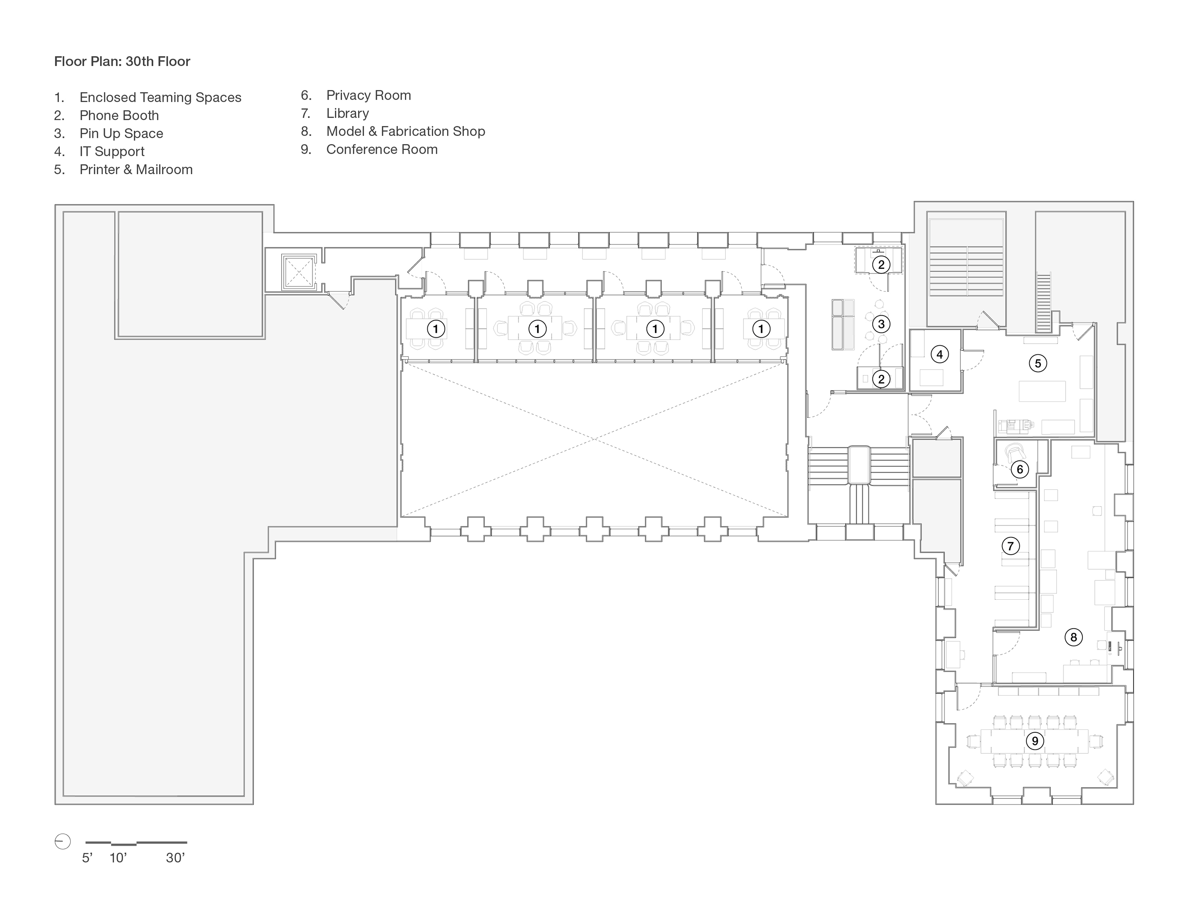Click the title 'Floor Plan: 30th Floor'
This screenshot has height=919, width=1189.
(x=122, y=62)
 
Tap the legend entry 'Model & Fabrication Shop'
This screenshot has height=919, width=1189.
(x=405, y=131)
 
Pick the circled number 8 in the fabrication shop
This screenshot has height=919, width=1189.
(x=1073, y=637)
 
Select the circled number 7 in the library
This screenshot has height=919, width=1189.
(x=1010, y=546)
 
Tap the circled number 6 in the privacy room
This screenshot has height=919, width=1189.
(x=1020, y=469)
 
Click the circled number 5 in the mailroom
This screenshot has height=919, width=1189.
(x=1037, y=363)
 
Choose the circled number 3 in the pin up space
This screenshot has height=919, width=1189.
(x=881, y=324)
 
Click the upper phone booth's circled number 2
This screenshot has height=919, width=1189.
(x=881, y=265)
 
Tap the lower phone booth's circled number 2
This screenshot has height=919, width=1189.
(x=881, y=379)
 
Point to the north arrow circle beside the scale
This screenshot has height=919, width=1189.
(x=63, y=842)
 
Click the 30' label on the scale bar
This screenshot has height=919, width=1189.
(x=175, y=858)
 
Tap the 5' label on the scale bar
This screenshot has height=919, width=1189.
(x=87, y=858)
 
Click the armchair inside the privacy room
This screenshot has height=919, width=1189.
(x=1014, y=451)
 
